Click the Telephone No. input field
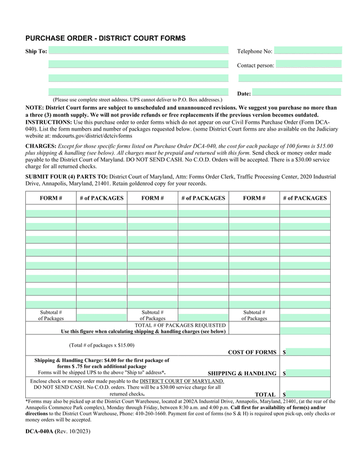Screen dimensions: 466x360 (x=308, y=51)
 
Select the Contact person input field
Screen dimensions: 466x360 (x=308, y=65)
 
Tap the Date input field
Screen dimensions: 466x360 (x=296, y=93)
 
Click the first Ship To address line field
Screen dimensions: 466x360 (x=138, y=51)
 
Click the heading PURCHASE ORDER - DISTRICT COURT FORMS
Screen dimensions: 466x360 (x=105, y=38)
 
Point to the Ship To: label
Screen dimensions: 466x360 (x=37, y=52)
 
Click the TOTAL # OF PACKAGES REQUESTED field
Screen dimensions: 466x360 (x=305, y=329)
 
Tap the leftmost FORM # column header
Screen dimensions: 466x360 (x=51, y=198)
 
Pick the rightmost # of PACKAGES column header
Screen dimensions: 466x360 (x=304, y=198)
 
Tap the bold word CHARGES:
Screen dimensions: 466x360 (x=40, y=146)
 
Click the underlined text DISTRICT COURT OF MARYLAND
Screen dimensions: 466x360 (x=182, y=381)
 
